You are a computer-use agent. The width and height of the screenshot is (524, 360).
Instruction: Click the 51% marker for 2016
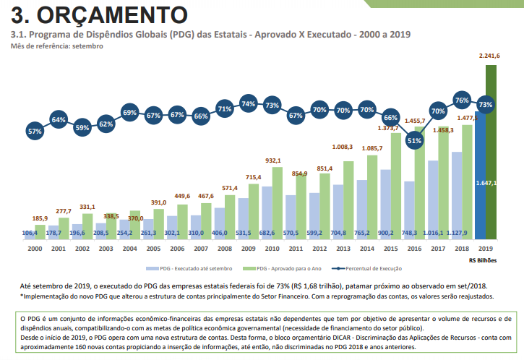pyautogui.click(x=414, y=141)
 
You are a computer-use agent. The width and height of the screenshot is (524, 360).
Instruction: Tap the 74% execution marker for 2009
pyautogui.click(x=249, y=104)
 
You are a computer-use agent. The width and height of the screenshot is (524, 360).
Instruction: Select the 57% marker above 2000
pyautogui.click(x=34, y=132)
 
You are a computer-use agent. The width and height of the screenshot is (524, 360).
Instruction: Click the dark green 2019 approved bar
pyautogui.click(x=492, y=152)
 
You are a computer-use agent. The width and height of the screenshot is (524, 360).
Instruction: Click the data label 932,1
pyautogui.click(x=273, y=160)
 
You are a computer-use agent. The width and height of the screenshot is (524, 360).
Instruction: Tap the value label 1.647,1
pyautogui.click(x=486, y=183)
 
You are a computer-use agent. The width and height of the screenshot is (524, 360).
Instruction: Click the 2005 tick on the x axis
pyautogui.click(x=153, y=248)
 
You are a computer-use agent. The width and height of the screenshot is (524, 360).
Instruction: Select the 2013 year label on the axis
pyautogui.click(x=342, y=248)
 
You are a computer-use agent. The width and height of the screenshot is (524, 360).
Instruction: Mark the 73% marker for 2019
pyautogui.click(x=486, y=105)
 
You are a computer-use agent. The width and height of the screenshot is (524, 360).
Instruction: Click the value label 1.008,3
pyautogui.click(x=343, y=147)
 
